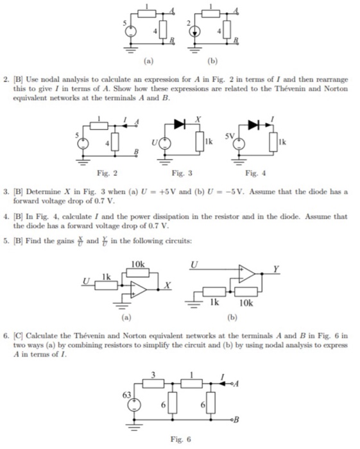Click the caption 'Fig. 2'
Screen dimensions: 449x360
(103, 173)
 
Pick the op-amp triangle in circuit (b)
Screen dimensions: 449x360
(246, 274)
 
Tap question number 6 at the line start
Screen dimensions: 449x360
(6, 335)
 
